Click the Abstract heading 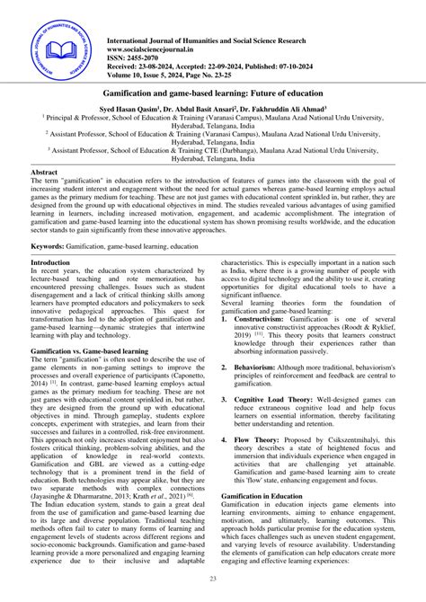(x=45, y=171)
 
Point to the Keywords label (x=52, y=244)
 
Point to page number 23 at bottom (x=213, y=580)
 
